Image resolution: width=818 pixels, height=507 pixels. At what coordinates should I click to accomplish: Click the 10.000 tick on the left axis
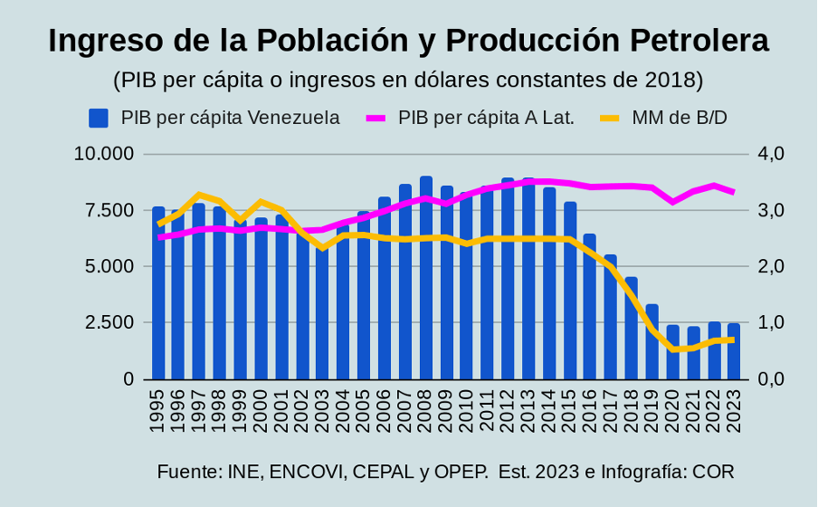point(104,154)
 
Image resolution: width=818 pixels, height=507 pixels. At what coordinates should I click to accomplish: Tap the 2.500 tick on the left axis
point(109,323)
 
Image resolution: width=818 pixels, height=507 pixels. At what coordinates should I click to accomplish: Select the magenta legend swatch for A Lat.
point(376,118)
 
